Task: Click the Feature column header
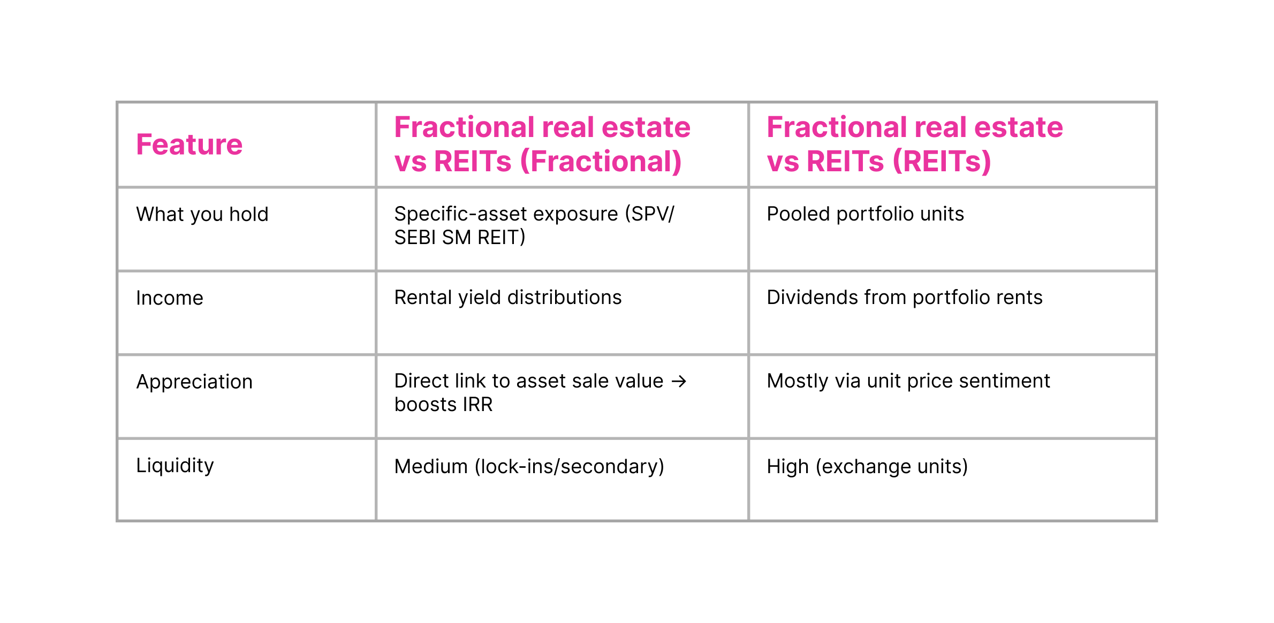[x=189, y=145]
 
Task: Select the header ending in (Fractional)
[x=542, y=145]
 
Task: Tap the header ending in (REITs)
[x=914, y=145]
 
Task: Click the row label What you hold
[x=202, y=214]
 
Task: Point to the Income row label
[x=170, y=298]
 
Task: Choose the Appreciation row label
[x=194, y=382]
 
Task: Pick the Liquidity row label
[x=175, y=466]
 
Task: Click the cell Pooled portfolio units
[x=865, y=214]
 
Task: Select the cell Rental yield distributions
[x=507, y=298]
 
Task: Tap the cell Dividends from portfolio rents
[x=904, y=298]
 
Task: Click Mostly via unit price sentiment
[x=908, y=381]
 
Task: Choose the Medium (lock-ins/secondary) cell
[x=529, y=467]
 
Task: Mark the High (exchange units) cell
[x=867, y=467]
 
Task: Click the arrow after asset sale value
[x=679, y=382]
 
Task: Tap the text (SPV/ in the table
[x=649, y=214]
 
